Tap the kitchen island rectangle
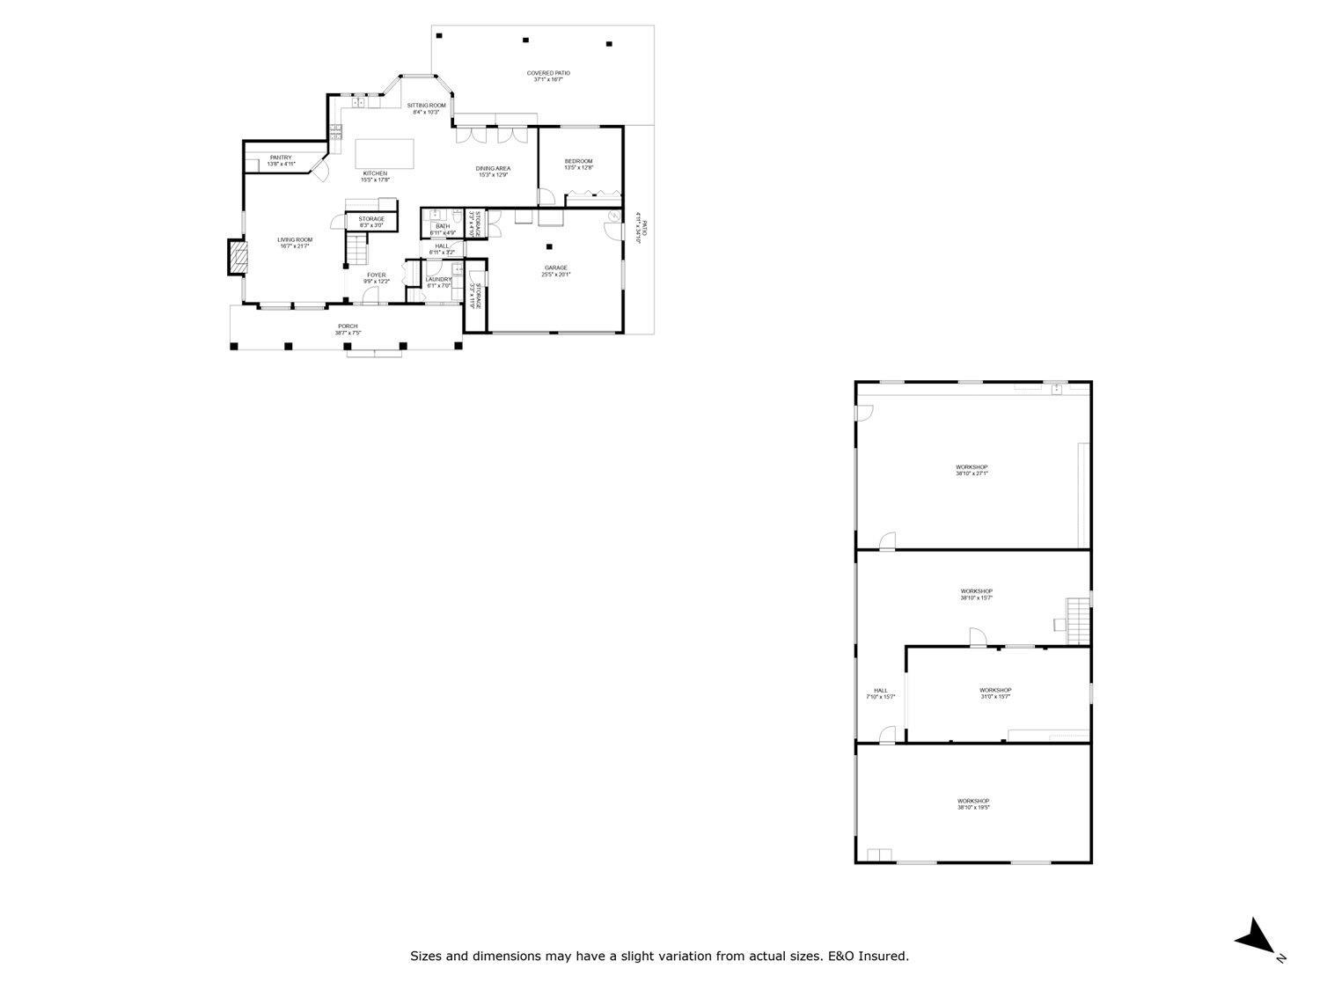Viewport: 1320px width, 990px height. click(x=385, y=153)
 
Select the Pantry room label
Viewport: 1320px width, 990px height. click(x=281, y=158)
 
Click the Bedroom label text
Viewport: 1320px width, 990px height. click(x=578, y=161)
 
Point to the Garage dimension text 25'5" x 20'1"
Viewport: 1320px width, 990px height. click(x=556, y=275)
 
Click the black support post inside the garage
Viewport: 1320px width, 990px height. click(x=549, y=246)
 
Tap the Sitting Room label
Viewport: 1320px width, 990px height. click(x=426, y=106)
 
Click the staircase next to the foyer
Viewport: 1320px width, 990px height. click(x=356, y=250)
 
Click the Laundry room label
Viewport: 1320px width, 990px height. click(x=438, y=280)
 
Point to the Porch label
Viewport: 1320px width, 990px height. click(x=347, y=326)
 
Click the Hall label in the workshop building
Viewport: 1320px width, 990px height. click(x=880, y=691)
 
